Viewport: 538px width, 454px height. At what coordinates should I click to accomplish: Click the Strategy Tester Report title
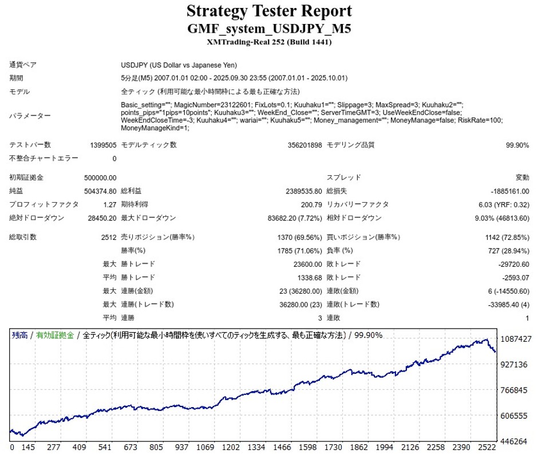(269, 11)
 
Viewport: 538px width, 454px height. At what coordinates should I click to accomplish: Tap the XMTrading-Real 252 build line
(269, 42)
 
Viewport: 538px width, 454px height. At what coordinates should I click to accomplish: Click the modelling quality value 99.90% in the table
(517, 145)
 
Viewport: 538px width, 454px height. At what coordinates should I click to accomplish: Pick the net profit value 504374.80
(100, 191)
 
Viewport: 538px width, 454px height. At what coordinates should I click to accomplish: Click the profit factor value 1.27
(110, 204)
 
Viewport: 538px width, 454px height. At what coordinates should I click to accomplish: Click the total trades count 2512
(109, 237)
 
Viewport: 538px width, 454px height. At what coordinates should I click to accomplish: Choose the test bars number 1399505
(103, 145)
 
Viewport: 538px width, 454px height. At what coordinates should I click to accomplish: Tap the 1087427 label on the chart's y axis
(516, 339)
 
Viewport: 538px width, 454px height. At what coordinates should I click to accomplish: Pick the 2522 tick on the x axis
(484, 447)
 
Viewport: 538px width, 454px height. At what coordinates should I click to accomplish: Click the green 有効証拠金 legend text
(55, 335)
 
